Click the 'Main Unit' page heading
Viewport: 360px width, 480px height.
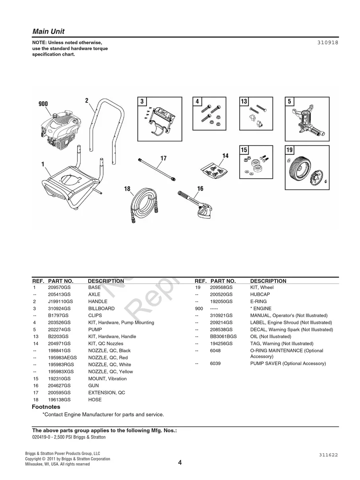[x=48, y=31]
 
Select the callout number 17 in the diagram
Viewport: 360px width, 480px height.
[x=163, y=158]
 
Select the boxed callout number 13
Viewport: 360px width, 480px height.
[x=244, y=102]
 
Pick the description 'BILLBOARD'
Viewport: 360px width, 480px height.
[x=101, y=308]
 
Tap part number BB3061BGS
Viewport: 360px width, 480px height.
[x=223, y=337]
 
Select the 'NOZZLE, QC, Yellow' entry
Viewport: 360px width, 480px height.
[x=110, y=372]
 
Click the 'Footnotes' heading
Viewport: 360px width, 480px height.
[x=46, y=407]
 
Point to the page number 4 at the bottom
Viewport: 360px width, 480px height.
[x=180, y=463]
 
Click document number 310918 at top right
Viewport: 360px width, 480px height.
[x=328, y=42]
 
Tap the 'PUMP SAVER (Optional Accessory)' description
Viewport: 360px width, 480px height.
[x=288, y=364]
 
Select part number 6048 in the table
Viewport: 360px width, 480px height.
[x=215, y=351]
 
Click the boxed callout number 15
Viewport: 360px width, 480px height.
[x=244, y=150]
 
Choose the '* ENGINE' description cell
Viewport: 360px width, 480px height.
[x=261, y=308]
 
